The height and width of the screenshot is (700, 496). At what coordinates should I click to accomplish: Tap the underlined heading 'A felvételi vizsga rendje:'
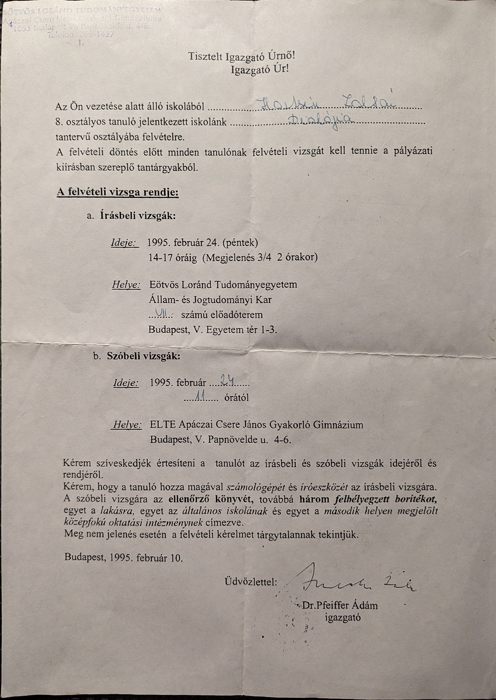[117, 192]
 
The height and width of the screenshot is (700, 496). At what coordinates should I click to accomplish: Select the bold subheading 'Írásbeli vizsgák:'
[138, 216]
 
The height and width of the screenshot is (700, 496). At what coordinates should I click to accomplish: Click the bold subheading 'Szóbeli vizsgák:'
[143, 356]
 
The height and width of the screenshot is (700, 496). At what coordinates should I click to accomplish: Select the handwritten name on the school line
[327, 103]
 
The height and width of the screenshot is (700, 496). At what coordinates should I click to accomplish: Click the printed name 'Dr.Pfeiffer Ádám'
[340, 606]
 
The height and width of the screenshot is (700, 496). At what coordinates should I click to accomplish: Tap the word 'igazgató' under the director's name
[343, 618]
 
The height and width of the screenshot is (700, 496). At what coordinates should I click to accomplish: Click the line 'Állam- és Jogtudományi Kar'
[210, 300]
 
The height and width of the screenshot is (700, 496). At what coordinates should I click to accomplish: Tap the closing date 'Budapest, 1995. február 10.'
[123, 557]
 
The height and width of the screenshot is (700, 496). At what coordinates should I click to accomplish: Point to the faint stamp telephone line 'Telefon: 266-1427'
[81, 35]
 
